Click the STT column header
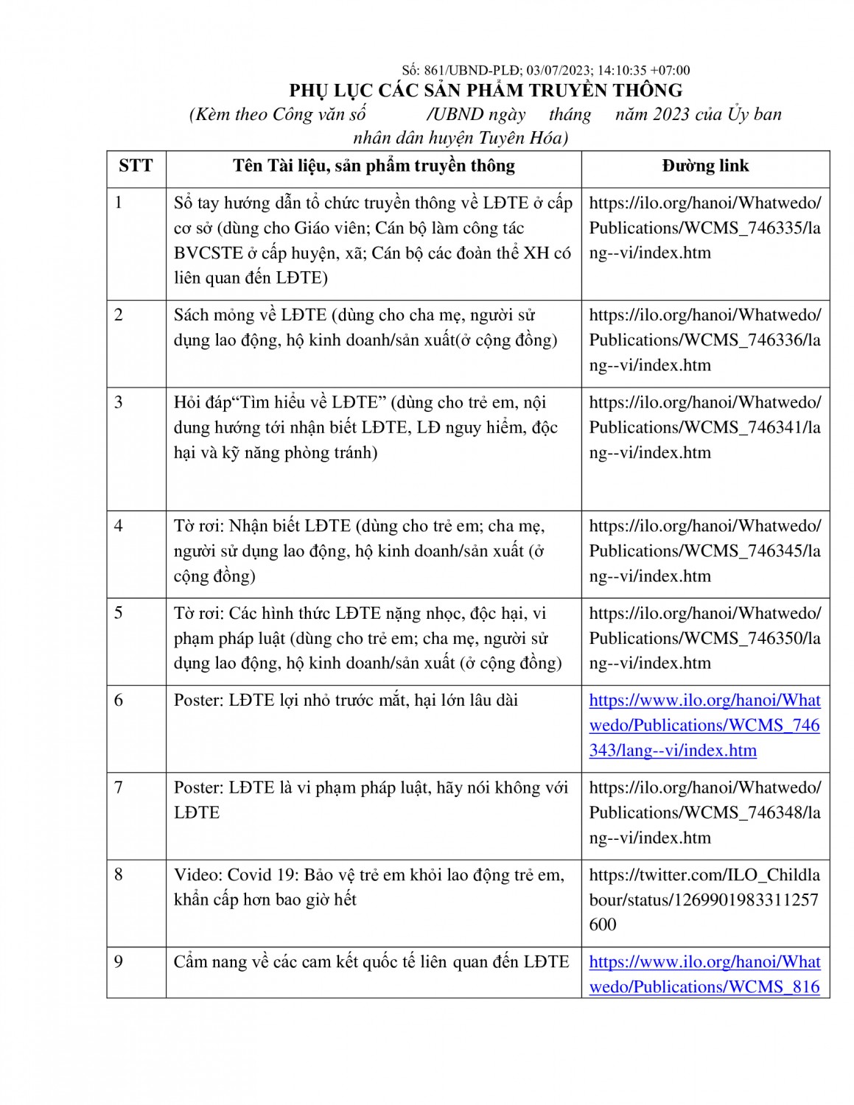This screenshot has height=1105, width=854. tap(136, 166)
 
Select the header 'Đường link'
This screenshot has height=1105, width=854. tap(705, 166)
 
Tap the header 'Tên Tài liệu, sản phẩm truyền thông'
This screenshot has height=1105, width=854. tap(374, 166)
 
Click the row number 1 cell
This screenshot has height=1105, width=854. tap(119, 203)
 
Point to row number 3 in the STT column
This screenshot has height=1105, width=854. tap(119, 402)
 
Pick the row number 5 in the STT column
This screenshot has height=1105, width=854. tap(119, 613)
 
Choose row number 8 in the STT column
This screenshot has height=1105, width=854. tap(119, 874)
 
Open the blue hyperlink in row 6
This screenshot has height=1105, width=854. tap(704, 726)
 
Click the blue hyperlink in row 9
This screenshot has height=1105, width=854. tap(704, 974)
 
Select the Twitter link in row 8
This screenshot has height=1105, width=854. tap(704, 899)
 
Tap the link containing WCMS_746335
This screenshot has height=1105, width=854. tap(704, 228)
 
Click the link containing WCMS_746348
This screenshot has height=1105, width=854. tap(704, 813)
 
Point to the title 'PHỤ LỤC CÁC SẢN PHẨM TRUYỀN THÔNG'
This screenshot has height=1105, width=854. tap(486, 91)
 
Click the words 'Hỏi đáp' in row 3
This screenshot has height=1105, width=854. tap(198, 402)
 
